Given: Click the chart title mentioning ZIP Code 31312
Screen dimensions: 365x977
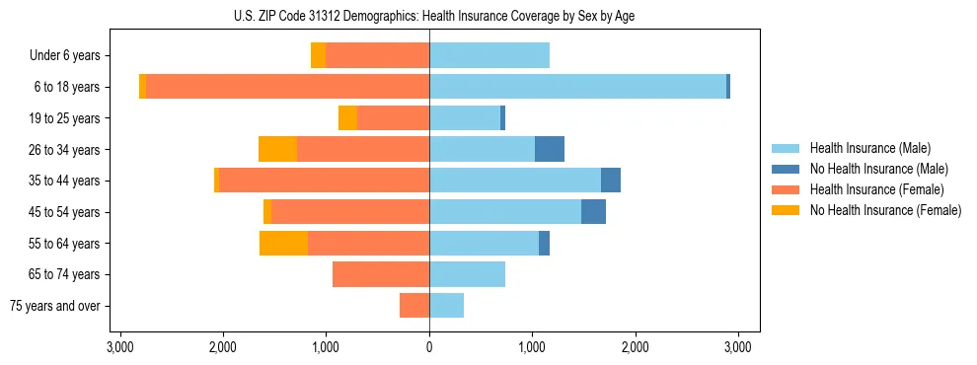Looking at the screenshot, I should (429, 16).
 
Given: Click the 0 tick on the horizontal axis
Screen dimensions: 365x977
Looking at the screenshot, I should (429, 347).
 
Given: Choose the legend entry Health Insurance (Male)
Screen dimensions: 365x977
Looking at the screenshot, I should (869, 148).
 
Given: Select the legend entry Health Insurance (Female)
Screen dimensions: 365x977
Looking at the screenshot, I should (876, 189).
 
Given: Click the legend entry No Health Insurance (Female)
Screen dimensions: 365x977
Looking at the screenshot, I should (885, 210).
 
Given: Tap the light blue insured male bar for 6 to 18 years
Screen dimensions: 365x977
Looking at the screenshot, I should (577, 87).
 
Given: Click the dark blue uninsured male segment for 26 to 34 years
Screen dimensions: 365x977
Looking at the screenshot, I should (550, 149).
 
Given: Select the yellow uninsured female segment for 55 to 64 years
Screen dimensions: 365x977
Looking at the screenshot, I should (283, 243).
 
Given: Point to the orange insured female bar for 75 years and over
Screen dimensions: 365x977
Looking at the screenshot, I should (414, 306).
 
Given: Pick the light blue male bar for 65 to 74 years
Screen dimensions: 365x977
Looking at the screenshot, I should (467, 274).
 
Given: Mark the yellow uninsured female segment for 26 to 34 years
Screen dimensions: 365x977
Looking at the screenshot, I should (277, 149).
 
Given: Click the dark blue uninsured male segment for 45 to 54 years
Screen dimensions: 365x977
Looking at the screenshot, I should (593, 211).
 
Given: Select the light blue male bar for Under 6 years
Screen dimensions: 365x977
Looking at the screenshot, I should (489, 56).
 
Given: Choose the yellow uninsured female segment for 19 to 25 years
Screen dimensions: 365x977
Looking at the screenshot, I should (347, 118).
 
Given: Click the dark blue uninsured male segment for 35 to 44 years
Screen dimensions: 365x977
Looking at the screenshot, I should (611, 181).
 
